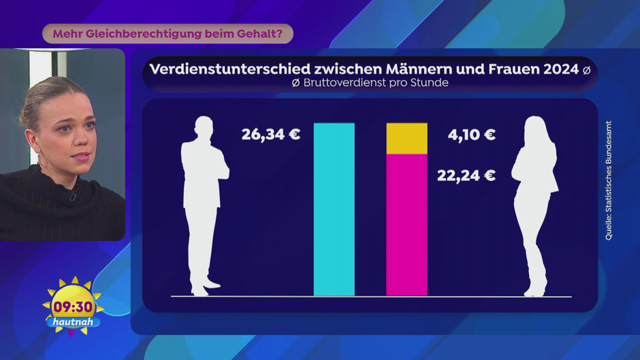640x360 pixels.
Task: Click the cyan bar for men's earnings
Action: coord(334,209)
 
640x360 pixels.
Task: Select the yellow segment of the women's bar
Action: coord(406,139)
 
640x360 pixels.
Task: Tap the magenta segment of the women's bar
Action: coord(406,225)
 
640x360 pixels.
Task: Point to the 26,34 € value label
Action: coord(270,134)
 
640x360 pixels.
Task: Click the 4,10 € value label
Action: coord(471,135)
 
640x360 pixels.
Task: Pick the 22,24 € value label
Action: coord(466,176)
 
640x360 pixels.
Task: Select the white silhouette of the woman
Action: coord(534,204)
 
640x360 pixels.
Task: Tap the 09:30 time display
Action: coord(73,307)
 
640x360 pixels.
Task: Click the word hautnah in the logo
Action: coord(71,321)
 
